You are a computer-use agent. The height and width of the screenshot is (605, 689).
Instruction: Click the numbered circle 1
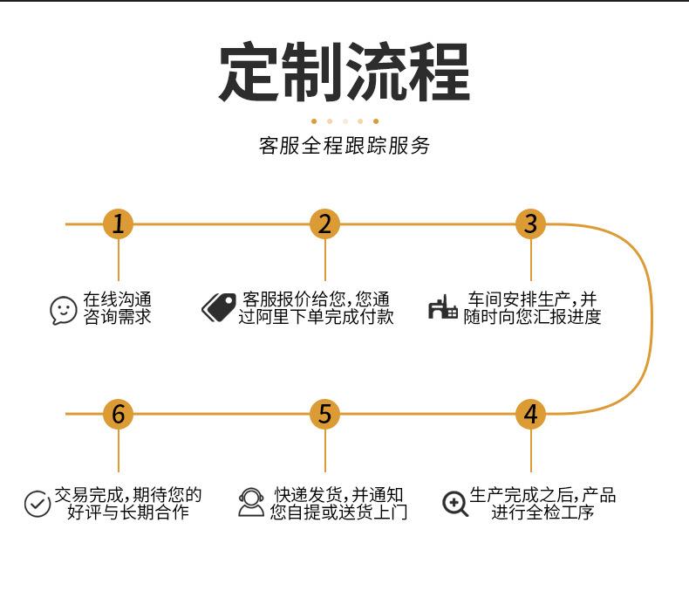[119, 224]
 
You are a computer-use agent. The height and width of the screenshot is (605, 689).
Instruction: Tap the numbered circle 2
[324, 224]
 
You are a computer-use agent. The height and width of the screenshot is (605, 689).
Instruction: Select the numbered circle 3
[530, 224]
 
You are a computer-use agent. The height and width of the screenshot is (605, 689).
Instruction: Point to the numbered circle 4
[530, 414]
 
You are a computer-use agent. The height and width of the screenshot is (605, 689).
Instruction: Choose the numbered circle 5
[324, 414]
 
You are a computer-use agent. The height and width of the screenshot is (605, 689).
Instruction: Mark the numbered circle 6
[119, 414]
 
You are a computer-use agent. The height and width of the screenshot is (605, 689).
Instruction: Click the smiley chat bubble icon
[64, 310]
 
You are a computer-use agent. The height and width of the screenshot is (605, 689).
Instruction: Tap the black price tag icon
[219, 307]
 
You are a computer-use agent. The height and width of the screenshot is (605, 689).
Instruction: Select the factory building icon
[443, 307]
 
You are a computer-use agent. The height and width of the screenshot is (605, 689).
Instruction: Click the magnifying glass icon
[454, 504]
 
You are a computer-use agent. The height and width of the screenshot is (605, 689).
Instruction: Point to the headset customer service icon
[251, 502]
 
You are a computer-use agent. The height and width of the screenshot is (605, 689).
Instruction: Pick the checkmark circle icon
[38, 504]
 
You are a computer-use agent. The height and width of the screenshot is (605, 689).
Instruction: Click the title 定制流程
[344, 72]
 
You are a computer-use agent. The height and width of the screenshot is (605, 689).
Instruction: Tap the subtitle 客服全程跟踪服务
[344, 146]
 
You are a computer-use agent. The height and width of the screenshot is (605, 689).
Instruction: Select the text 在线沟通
[117, 299]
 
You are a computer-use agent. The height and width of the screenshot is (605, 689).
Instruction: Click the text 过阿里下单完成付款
[316, 317]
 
